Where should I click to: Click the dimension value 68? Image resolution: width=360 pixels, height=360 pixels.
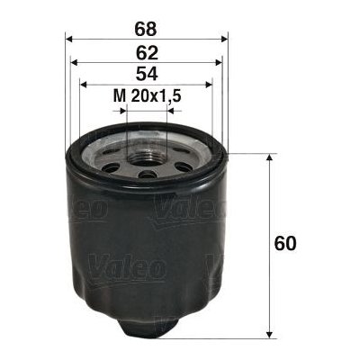(x=148, y=26)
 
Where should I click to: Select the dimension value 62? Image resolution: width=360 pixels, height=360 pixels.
(x=148, y=51)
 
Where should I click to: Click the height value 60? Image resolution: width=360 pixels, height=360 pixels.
(x=287, y=244)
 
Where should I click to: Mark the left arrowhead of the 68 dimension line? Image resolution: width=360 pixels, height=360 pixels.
(x=71, y=39)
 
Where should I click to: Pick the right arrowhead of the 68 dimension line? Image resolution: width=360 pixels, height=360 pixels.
(x=225, y=39)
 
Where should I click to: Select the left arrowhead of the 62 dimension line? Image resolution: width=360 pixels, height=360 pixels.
(x=76, y=64)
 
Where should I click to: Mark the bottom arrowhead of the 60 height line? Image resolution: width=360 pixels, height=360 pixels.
(x=269, y=334)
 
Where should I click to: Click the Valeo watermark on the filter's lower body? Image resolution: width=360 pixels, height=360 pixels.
(x=125, y=265)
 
